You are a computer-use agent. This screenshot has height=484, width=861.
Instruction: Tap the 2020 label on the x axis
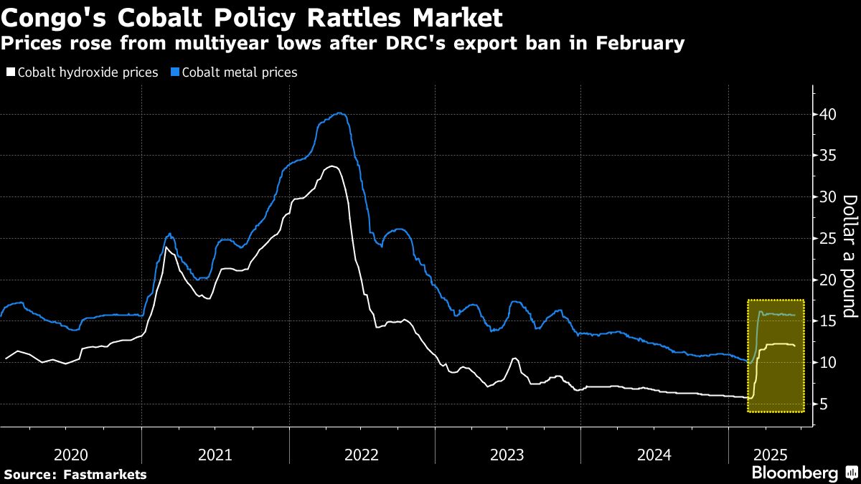coord(71,455)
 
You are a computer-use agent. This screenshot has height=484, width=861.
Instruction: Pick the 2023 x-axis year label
coord(507,455)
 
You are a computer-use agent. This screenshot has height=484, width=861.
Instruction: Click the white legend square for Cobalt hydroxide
coord(10,72)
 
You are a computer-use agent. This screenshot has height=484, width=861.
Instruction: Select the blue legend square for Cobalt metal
coord(174,72)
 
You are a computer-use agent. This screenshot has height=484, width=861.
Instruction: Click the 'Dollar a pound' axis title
coord(850,256)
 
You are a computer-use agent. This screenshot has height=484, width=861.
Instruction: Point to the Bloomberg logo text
coord(794,473)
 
